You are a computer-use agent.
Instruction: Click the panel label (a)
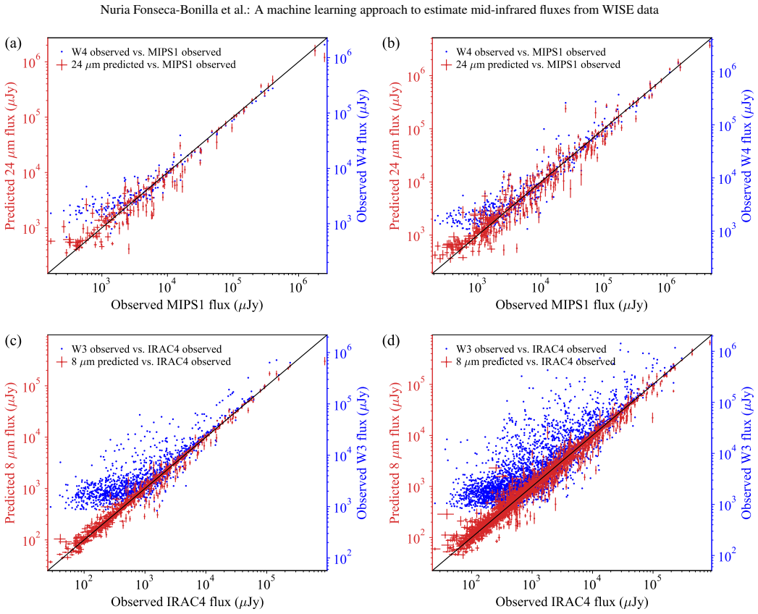(x=13, y=43)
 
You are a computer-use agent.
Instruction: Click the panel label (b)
(x=391, y=43)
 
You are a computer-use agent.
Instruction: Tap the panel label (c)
(x=13, y=341)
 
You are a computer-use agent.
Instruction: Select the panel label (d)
(x=391, y=341)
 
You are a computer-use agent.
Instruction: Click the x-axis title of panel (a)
(x=187, y=305)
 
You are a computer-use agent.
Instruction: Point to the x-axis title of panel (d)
(x=572, y=602)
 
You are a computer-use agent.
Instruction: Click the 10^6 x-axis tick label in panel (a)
(x=298, y=287)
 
